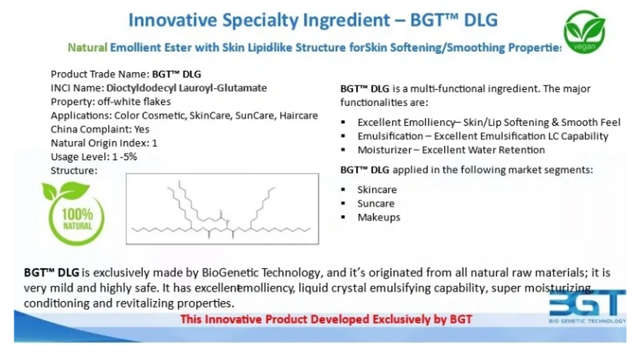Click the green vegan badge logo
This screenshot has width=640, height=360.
pyautogui.click(x=584, y=31)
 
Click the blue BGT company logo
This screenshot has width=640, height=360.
pyautogui.click(x=587, y=306)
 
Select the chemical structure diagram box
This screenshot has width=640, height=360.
pyautogui.click(x=222, y=209)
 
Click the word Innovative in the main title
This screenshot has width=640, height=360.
pyautogui.click(x=173, y=20)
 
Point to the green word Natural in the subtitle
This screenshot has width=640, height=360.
pyautogui.click(x=87, y=47)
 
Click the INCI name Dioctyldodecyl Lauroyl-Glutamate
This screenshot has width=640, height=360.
pyautogui.click(x=186, y=88)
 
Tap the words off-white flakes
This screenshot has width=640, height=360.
pyautogui.click(x=134, y=102)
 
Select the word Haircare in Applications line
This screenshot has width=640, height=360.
pyautogui.click(x=298, y=116)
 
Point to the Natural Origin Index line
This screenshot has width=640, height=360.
pyautogui.click(x=104, y=143)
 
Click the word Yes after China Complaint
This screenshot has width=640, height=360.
pyautogui.click(x=142, y=129)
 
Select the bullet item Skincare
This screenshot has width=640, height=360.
pyautogui.click(x=377, y=190)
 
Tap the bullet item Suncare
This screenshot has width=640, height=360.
pyautogui.click(x=376, y=204)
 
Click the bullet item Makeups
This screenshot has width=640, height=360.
pyautogui.click(x=379, y=218)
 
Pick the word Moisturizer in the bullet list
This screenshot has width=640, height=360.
pyautogui.click(x=385, y=150)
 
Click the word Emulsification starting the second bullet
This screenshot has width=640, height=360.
pyautogui.click(x=390, y=136)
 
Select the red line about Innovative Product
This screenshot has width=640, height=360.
pyautogui.click(x=326, y=319)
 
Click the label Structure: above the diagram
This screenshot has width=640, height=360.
pyautogui.click(x=74, y=170)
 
